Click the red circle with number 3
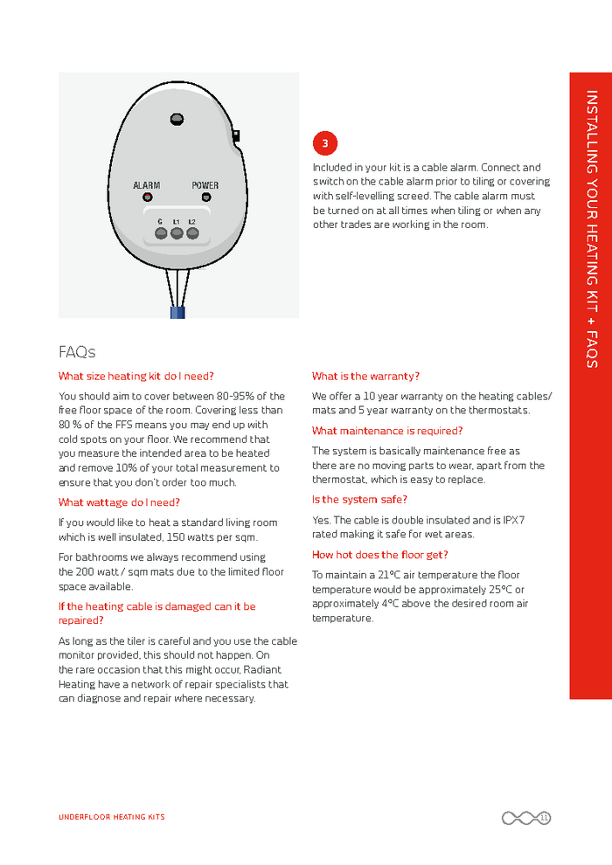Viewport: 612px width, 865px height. click(324, 143)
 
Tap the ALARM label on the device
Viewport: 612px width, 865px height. click(146, 185)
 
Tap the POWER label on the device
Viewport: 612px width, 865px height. click(205, 185)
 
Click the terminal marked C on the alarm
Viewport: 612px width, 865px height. click(160, 233)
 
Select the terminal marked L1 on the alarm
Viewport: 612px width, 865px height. click(177, 233)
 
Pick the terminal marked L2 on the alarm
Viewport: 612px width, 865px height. click(192, 233)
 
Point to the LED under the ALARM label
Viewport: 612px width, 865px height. click(147, 198)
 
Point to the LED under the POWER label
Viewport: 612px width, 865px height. click(206, 198)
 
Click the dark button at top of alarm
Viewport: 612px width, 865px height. click(177, 118)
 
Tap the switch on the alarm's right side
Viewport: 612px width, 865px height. click(236, 135)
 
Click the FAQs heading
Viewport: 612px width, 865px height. click(77, 352)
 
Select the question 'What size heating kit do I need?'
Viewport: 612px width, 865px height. click(136, 377)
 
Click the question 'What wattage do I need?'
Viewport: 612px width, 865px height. click(119, 502)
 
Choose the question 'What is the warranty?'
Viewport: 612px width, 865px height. click(365, 377)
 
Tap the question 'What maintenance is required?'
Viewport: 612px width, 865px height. click(387, 431)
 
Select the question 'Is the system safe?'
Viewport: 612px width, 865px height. click(359, 500)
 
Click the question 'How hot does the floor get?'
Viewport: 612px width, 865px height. click(379, 555)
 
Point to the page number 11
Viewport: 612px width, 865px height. click(544, 818)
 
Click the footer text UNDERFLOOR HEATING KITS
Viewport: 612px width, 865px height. click(112, 818)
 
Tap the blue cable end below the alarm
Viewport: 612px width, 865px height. click(177, 312)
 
